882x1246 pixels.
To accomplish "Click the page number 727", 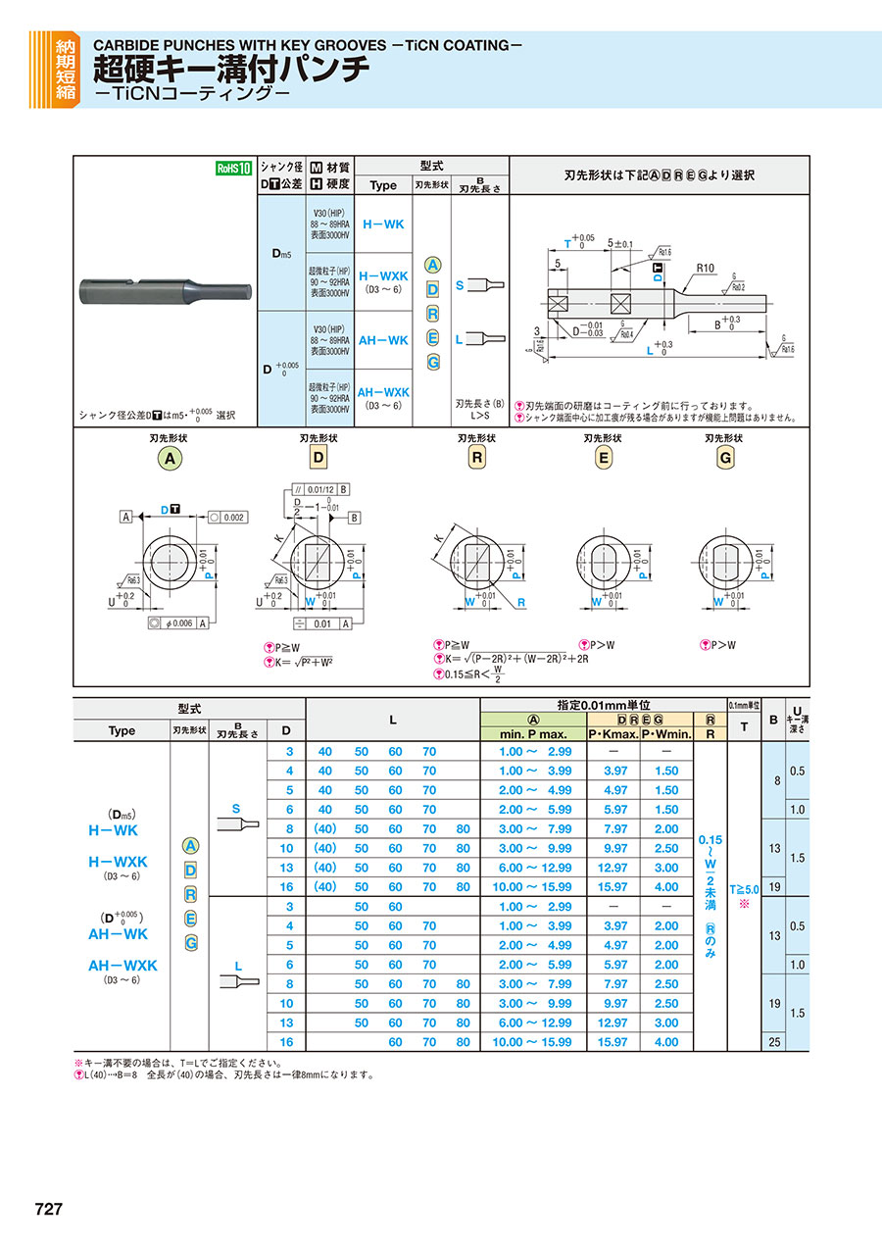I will point(49,1209).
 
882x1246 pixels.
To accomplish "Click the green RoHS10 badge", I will point(234,168).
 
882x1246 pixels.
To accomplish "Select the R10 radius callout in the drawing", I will point(707,267).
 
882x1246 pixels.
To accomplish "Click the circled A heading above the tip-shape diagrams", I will point(171,458).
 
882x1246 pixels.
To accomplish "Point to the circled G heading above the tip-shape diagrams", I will point(726,458).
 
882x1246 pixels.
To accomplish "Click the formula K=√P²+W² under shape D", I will point(304,662).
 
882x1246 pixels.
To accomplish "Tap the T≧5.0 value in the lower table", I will point(744,889).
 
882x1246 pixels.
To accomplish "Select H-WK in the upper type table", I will point(383,224).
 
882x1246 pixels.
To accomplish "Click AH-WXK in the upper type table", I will point(383,392).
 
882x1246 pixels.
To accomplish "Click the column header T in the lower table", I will point(744,726).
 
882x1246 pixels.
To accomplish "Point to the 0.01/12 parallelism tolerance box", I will point(318,488).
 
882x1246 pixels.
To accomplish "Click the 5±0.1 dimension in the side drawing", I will point(620,242).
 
